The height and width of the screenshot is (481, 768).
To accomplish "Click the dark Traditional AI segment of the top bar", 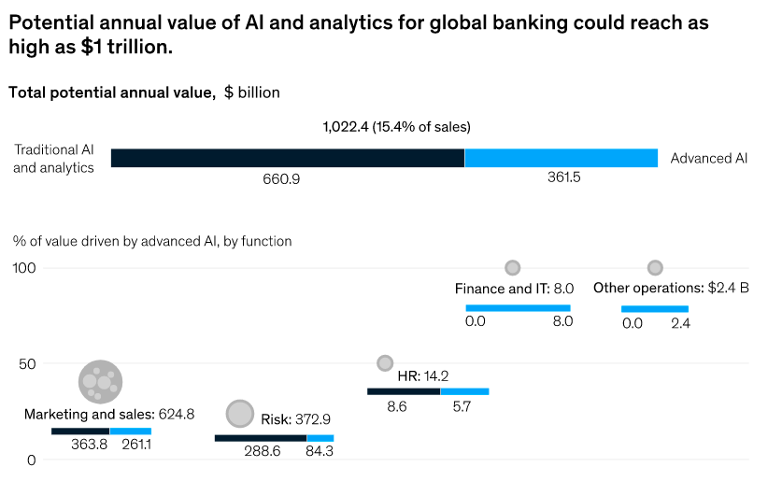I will tap(288, 158).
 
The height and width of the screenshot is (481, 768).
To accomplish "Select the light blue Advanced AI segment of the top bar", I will tap(561, 158).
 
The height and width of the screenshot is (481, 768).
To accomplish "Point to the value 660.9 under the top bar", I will tap(281, 177).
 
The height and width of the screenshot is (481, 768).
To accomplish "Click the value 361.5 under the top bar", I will tap(564, 177).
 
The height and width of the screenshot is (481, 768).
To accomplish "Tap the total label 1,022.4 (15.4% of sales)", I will tap(396, 126).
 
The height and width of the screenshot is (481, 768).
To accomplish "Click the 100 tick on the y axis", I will tap(24, 268).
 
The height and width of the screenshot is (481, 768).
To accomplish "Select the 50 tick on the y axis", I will tap(28, 363).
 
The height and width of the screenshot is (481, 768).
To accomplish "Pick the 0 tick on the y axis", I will tap(31, 460).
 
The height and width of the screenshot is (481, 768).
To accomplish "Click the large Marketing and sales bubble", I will tap(100, 380).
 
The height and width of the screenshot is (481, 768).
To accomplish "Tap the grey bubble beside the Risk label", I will tap(240, 414).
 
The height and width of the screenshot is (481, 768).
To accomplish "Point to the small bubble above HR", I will tap(385, 362).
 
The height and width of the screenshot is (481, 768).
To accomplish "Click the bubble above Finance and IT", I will tap(512, 268).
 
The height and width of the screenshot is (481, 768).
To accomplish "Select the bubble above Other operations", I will tap(655, 268).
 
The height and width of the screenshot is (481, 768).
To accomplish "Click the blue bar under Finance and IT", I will tap(518, 307).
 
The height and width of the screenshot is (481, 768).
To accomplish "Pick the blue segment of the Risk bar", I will tap(320, 437).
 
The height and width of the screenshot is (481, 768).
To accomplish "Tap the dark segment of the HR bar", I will tap(404, 391).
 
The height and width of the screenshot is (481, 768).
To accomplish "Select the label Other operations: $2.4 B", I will tap(671, 289).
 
